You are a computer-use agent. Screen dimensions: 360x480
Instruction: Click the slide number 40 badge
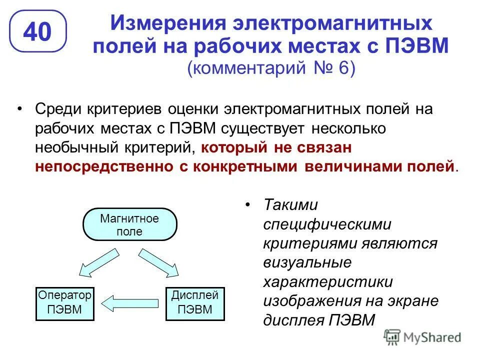tap(38, 31)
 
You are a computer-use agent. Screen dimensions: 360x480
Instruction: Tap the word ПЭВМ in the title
tap(419, 46)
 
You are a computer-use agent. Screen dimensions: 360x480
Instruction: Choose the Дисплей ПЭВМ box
tap(194, 302)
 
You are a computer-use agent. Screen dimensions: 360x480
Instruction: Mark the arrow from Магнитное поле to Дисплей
tap(158, 263)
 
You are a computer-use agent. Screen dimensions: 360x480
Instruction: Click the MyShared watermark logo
tap(422, 337)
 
